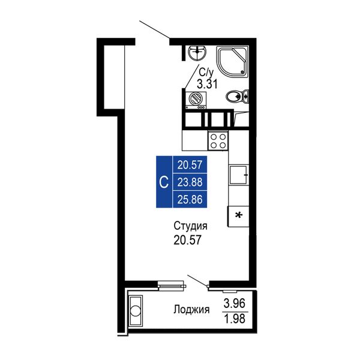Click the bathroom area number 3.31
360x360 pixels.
pyautogui.click(x=207, y=84)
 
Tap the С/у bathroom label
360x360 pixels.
pyautogui.click(x=206, y=73)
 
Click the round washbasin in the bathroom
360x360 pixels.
pyautogui.click(x=197, y=52)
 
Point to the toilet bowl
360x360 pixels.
pyautogui.click(x=237, y=96)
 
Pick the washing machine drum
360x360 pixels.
pyautogui.click(x=195, y=99)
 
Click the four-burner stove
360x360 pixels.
pyautogui.click(x=218, y=141)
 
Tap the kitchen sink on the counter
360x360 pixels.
pyautogui.click(x=239, y=175)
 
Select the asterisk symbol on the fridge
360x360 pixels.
pyautogui.click(x=239, y=215)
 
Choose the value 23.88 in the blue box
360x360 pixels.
pyautogui.click(x=190, y=182)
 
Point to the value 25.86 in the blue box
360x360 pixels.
pyautogui.click(x=190, y=199)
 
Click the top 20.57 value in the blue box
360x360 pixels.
pyautogui.click(x=190, y=165)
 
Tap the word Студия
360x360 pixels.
pyautogui.click(x=191, y=227)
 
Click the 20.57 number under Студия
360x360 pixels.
pyautogui.click(x=187, y=240)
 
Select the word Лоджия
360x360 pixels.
pyautogui.click(x=191, y=310)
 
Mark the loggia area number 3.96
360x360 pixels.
pyautogui.click(x=235, y=304)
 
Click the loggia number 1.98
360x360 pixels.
pyautogui.click(x=235, y=319)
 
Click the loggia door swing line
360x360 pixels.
pyautogui.click(x=197, y=280)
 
